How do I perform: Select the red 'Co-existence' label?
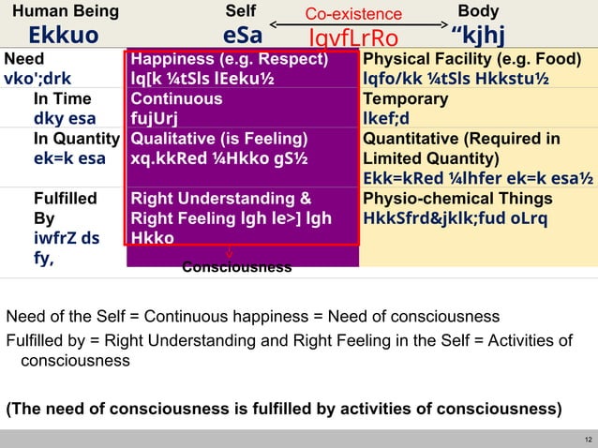click(354, 14)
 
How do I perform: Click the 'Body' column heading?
click(478, 12)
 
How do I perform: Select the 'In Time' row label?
click(63, 98)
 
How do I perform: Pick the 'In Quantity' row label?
click(76, 139)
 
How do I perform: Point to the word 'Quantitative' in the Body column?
click(410, 139)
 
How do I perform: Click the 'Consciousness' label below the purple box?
click(236, 268)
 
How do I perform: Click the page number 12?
click(587, 439)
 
